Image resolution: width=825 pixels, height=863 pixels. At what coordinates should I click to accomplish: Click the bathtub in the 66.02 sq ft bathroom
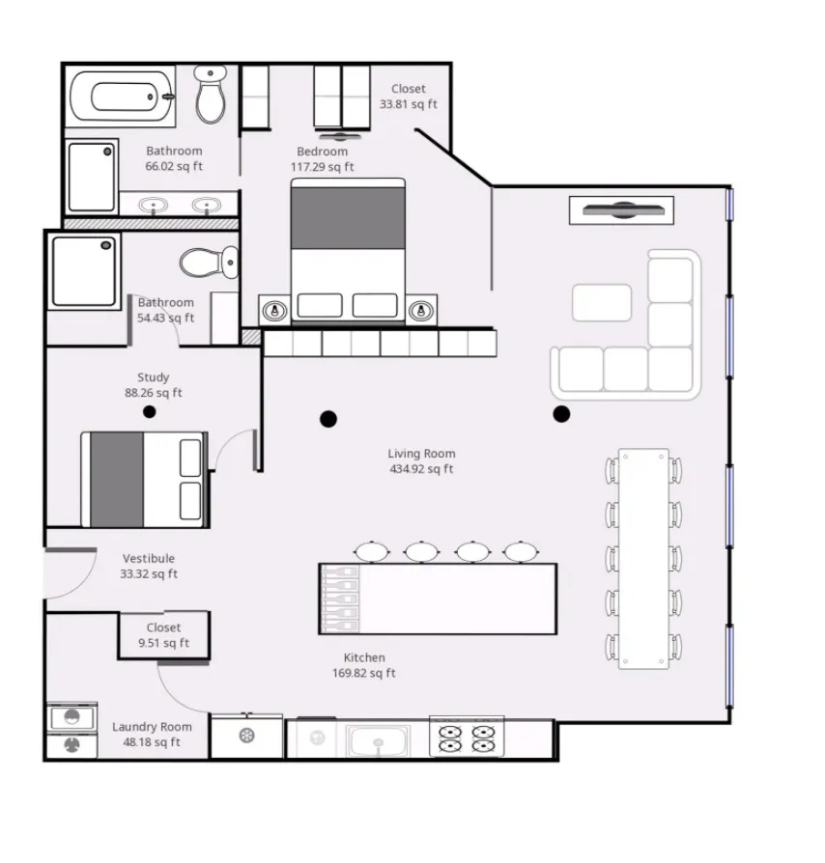(x=122, y=97)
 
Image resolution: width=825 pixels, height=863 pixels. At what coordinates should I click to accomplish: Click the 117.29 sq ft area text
(x=322, y=167)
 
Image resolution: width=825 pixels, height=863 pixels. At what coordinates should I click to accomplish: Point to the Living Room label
(x=421, y=454)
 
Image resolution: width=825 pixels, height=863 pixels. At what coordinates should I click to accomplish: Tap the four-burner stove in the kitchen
(x=467, y=738)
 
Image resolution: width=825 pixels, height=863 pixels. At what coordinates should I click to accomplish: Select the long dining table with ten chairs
(x=643, y=558)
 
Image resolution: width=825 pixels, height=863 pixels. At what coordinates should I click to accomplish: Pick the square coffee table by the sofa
(x=601, y=302)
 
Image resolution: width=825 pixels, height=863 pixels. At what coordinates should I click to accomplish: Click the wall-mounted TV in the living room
(x=621, y=209)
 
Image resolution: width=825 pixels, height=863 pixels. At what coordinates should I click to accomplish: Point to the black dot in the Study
(x=149, y=412)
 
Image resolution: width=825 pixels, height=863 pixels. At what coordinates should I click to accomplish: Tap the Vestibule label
(x=149, y=558)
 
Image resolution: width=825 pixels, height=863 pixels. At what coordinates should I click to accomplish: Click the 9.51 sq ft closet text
(x=163, y=643)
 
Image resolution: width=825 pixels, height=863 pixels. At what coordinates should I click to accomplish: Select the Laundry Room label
(x=152, y=727)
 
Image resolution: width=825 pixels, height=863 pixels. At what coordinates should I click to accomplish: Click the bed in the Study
(x=144, y=480)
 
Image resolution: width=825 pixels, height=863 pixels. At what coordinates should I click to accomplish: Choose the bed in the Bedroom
(x=348, y=248)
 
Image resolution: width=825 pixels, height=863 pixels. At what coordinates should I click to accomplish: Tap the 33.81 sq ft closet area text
(x=408, y=104)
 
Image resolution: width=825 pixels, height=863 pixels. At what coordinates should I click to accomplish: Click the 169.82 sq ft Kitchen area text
(x=364, y=673)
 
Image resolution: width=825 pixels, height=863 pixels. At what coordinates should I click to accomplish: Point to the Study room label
(x=153, y=377)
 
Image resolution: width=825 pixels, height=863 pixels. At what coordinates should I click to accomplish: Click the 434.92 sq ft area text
(x=421, y=469)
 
